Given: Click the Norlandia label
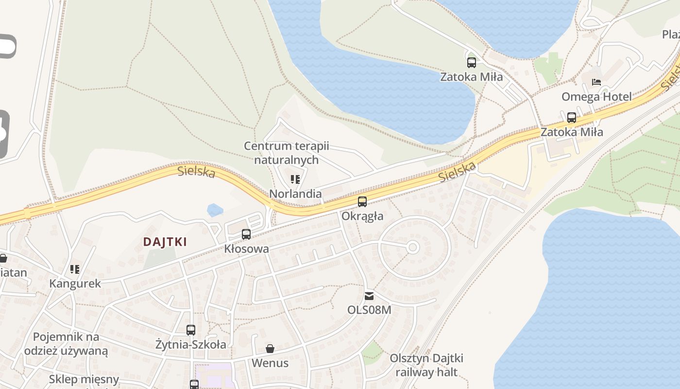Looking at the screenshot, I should click(295, 194).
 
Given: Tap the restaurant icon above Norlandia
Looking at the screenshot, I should click(295, 179).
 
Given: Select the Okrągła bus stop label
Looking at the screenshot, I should click(362, 216).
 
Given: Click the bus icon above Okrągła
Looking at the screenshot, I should click(362, 201).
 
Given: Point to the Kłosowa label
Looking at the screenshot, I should click(246, 249).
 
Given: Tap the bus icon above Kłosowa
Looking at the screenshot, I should click(246, 234).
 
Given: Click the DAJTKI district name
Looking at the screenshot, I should click(165, 242).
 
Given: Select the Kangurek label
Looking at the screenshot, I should click(75, 283).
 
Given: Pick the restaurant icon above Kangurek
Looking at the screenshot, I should click(75, 269).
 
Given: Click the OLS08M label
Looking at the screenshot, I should click(369, 310).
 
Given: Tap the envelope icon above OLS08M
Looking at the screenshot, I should click(369, 296).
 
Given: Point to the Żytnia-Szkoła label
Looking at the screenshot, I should click(191, 345).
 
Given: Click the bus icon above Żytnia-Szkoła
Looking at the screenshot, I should click(191, 330).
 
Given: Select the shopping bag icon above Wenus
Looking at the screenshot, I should click(270, 349).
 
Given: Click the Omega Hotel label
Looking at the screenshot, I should click(596, 97).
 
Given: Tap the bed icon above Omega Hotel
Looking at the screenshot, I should click(596, 82).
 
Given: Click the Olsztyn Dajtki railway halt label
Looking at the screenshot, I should click(426, 365).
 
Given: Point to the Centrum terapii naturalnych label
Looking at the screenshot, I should click(287, 153).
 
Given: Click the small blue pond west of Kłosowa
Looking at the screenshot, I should click(215, 210).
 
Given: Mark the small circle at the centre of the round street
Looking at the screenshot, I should click(413, 248).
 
